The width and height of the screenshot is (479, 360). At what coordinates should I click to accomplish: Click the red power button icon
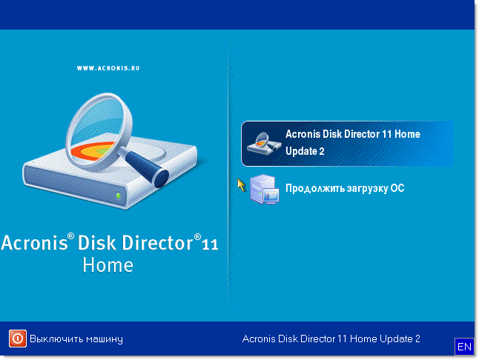click(x=17, y=339)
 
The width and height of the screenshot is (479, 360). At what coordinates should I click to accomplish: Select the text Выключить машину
click(x=76, y=339)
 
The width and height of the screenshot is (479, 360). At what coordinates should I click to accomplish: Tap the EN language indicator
click(x=464, y=347)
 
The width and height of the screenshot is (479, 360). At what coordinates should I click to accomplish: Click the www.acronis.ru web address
click(x=108, y=68)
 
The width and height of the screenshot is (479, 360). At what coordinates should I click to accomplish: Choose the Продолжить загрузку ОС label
click(x=345, y=188)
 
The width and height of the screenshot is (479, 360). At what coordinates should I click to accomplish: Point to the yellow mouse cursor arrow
click(x=241, y=185)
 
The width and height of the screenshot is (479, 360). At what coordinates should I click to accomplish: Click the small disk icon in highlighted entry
click(x=264, y=143)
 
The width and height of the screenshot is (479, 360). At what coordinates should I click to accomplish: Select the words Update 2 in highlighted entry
click(x=305, y=151)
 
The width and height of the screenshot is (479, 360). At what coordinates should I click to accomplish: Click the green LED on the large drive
click(x=119, y=196)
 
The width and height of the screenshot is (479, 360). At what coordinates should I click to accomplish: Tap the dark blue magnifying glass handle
click(x=147, y=167)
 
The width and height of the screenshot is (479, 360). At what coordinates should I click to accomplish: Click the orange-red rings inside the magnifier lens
click(x=93, y=150)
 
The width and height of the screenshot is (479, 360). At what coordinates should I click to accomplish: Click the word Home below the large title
click(x=108, y=265)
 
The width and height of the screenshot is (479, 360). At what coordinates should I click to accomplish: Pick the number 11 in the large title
click(x=210, y=244)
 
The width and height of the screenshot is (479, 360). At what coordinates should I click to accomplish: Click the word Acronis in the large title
click(x=34, y=243)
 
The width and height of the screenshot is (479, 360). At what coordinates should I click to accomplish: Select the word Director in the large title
click(x=158, y=243)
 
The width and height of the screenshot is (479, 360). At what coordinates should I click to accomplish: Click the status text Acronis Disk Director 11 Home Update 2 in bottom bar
click(x=331, y=339)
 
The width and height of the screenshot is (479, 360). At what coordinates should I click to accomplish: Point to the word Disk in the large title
click(x=97, y=243)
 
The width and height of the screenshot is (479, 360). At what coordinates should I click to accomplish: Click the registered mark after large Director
click(x=198, y=237)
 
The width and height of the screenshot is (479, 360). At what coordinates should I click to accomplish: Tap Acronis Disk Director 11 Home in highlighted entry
click(x=352, y=134)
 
